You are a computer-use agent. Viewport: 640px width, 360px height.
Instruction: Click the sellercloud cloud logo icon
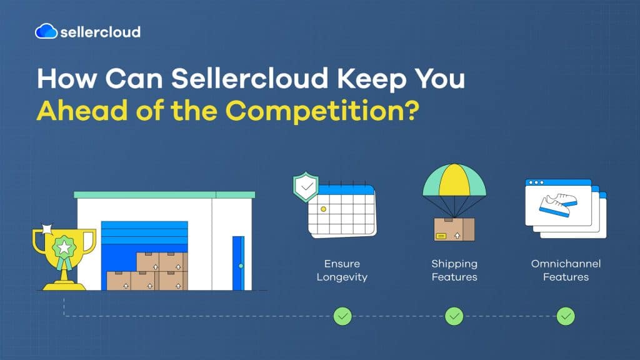point(46,31)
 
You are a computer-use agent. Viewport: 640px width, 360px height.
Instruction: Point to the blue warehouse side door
point(238,262)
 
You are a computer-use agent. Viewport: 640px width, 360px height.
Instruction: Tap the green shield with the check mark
point(306,187)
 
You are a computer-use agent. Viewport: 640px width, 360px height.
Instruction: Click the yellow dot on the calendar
point(323,209)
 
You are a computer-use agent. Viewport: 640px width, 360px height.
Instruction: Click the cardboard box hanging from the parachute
point(454,229)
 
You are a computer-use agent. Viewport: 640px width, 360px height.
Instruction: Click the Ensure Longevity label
point(342,270)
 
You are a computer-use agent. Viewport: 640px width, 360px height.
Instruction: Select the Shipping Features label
point(454,270)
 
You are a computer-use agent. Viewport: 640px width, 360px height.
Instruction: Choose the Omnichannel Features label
point(566,270)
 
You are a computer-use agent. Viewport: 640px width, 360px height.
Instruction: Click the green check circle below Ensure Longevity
point(342,316)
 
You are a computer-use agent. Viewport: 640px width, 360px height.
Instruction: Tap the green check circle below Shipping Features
point(454,316)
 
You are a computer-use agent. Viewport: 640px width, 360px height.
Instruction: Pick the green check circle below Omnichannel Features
point(566,316)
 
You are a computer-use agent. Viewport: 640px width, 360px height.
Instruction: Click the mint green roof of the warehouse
point(164,195)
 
